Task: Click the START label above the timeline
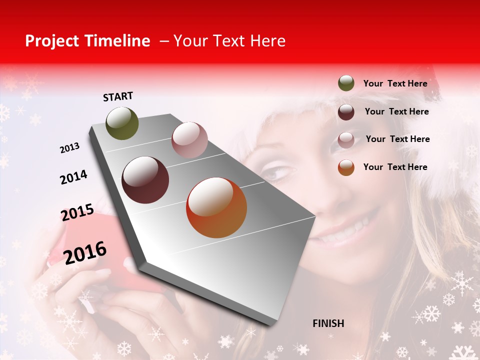point(118,96)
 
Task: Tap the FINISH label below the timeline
point(328,323)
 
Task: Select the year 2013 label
point(69,148)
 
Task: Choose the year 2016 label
point(85,252)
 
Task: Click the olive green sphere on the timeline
point(122,123)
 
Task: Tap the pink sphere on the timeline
point(189,139)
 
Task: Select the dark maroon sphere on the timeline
point(145,180)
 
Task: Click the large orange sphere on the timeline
point(216,207)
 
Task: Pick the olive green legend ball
point(346,83)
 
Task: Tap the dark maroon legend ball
point(346,112)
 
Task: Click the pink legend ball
point(346,140)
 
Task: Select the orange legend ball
point(346,167)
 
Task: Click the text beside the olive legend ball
point(395,83)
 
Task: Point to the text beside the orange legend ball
point(395,167)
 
